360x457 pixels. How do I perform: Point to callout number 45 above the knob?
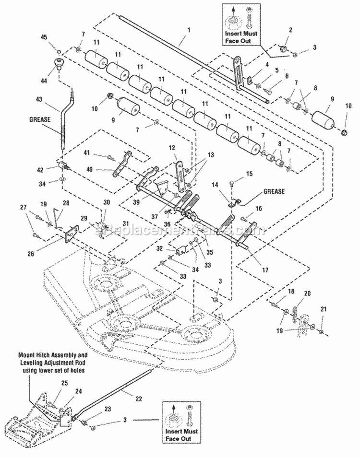pyautogui.click(x=58, y=39)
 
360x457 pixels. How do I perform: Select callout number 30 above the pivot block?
pyautogui.click(x=107, y=202)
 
